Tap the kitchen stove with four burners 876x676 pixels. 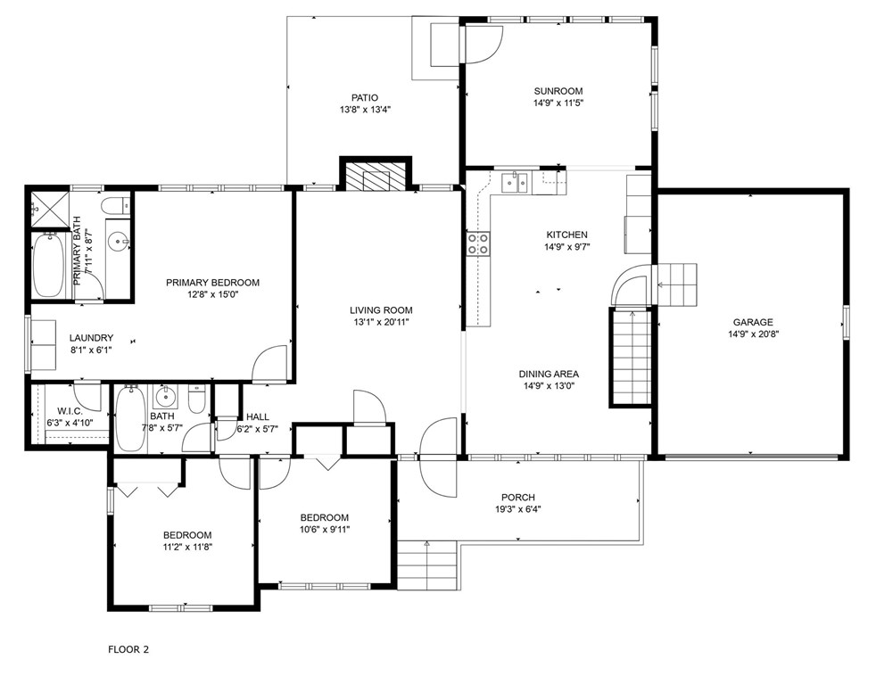coord(478,243)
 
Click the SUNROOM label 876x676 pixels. coord(558,91)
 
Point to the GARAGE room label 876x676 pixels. coord(753,322)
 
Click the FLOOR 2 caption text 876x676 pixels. coord(128,650)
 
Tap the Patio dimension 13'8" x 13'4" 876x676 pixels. coord(365,110)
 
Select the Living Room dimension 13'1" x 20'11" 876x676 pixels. coord(381,322)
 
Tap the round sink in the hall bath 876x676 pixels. coord(165,398)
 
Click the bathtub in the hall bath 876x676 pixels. coord(131,419)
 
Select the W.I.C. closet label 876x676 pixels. coord(70,411)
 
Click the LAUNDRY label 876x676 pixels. coord(91,338)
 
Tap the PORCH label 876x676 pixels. coord(518,498)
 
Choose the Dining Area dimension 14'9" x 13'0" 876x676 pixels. coord(549,386)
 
